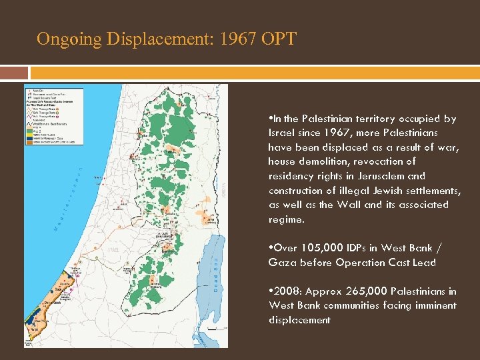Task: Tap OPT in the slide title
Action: [x=278, y=39]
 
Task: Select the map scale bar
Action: [x=213, y=329]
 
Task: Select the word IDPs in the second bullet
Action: [x=364, y=248]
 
